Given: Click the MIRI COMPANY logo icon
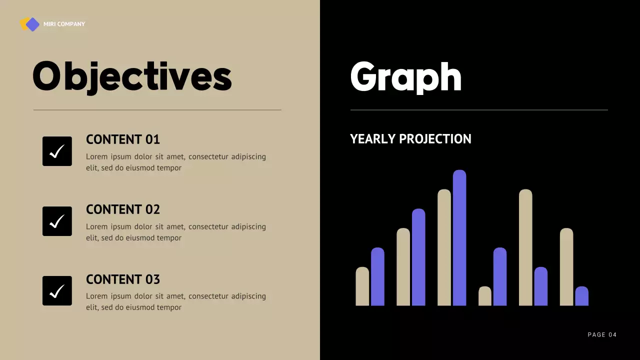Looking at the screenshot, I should coord(30,24).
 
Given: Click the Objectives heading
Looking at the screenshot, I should coord(132,76).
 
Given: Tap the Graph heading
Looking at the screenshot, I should coord(405,76).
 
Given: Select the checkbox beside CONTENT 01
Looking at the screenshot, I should coord(57,151).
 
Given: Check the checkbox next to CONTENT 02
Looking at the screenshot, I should coord(57,221).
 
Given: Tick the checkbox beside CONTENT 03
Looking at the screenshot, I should coord(57,290).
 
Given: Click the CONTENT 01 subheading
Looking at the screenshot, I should coord(123,139).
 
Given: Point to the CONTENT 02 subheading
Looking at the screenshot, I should coord(123,209).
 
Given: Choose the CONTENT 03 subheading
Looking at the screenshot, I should coord(123,279).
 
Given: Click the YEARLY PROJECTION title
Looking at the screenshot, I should coord(410,139).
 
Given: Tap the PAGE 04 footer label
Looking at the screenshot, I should coord(602,335).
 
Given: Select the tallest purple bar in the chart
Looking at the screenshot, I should coord(459,238).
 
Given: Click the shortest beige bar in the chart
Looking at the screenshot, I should coord(485,296).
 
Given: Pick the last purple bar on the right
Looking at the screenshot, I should coord(581,296).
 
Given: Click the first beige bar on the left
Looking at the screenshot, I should coord(362,286).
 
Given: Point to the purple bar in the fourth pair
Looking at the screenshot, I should coord(500,276).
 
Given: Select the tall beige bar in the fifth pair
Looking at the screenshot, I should coord(525,247).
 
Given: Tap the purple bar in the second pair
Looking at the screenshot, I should coord(418,257).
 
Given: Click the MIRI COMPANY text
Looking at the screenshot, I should coord(64,24).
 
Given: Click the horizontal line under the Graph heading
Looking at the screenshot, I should coord(479,110).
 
